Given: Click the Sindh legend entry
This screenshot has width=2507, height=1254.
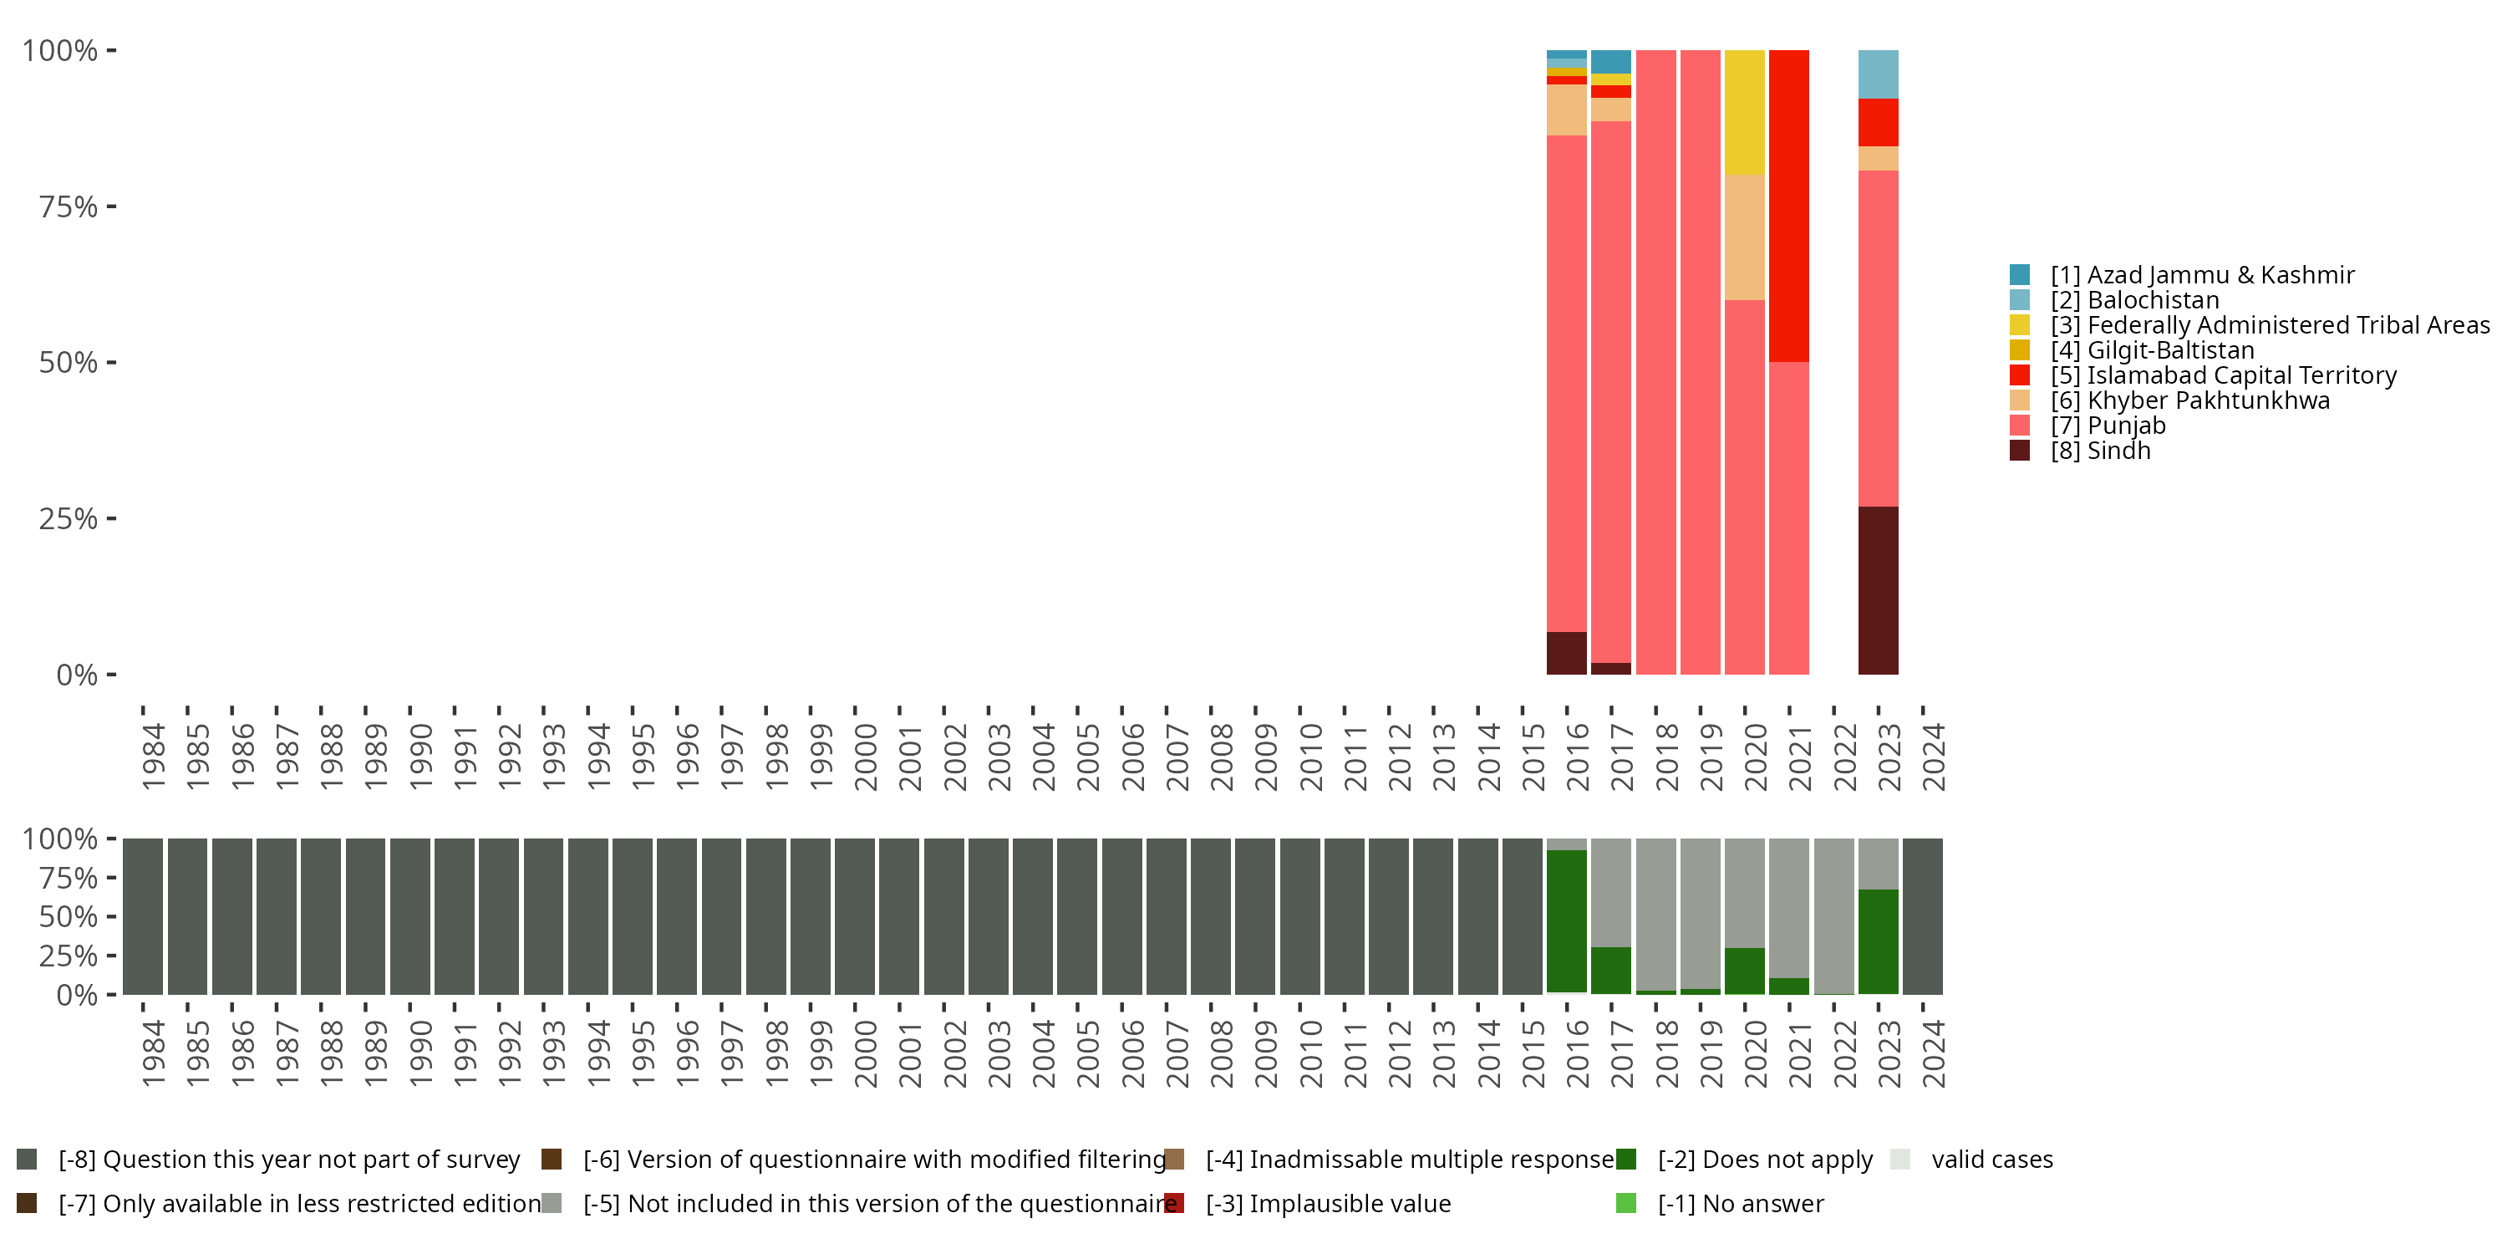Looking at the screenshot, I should pos(2099,451).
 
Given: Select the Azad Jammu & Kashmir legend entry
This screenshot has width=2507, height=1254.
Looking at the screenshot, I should pos(2201,276).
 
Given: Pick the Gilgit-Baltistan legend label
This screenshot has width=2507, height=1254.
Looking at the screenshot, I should pos(2169,350).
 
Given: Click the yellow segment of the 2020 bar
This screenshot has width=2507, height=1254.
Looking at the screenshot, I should pos(1744,112).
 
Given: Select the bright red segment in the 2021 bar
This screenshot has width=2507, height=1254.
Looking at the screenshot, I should pos(1789,206).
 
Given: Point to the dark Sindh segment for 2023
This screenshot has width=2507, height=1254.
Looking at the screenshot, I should pos(1878,590).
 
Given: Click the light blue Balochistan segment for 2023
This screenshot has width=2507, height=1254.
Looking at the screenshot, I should pos(1878,74).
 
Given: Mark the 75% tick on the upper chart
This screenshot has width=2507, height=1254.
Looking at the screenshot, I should pos(69,207).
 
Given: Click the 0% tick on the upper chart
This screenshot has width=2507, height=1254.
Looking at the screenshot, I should pos(77,675).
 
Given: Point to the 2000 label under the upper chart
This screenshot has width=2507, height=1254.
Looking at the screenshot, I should pos(865,757).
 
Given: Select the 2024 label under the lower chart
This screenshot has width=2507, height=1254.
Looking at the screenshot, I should pos(1933,1054).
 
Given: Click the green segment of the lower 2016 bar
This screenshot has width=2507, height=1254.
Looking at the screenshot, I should pos(1566,921).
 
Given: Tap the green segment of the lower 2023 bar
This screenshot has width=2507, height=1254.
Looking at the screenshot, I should pos(1878,941).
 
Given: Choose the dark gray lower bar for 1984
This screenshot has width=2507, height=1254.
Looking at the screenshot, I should pos(142,916).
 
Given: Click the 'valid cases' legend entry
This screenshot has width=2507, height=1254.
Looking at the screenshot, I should pos(1991,1160).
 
